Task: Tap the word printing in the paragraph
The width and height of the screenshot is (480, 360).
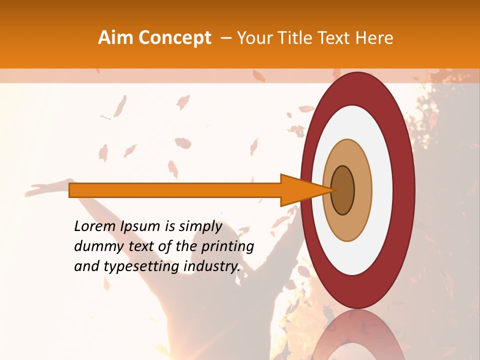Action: (x=227, y=246)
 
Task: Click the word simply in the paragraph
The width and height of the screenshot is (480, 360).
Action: (x=200, y=226)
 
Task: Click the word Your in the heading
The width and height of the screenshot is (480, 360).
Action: (x=253, y=38)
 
